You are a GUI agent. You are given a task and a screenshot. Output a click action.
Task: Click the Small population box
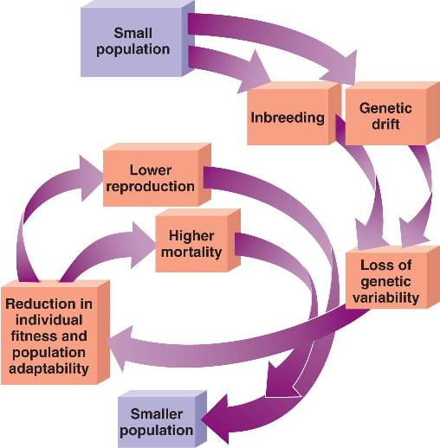click(138, 39)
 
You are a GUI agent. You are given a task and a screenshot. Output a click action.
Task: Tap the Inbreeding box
click(294, 113)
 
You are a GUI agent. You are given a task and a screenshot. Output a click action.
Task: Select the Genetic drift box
click(392, 113)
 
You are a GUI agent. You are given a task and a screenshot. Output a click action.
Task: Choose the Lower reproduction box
click(157, 175)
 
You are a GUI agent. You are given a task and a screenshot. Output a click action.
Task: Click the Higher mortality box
click(198, 240)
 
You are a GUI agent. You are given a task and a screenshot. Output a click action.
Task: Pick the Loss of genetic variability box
click(392, 278)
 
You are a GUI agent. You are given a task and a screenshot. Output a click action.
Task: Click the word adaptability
click(49, 368)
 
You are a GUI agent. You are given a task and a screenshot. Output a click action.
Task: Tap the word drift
click(385, 125)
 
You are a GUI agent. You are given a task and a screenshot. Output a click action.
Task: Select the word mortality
click(191, 253)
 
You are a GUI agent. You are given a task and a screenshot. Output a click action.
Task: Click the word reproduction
click(150, 187)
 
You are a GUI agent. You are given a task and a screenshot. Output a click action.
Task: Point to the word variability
click(385, 298)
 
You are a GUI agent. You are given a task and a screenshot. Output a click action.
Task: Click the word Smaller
click(157, 414)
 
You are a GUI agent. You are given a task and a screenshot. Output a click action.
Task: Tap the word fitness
click(32, 336)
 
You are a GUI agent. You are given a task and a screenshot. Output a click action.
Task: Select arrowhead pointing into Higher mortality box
click(143, 245)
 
